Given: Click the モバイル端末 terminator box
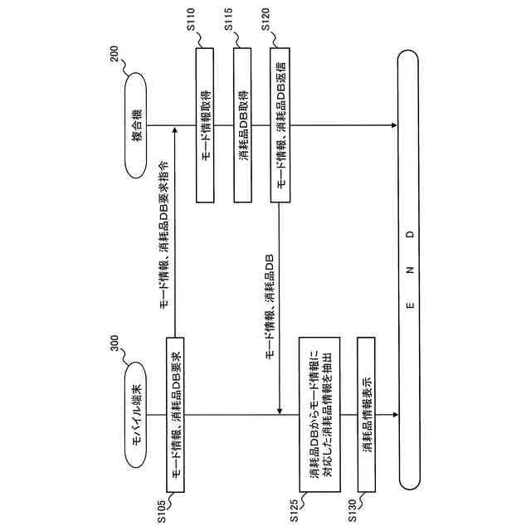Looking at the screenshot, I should click(x=139, y=413).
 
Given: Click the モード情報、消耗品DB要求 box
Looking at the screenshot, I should click(x=175, y=413).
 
